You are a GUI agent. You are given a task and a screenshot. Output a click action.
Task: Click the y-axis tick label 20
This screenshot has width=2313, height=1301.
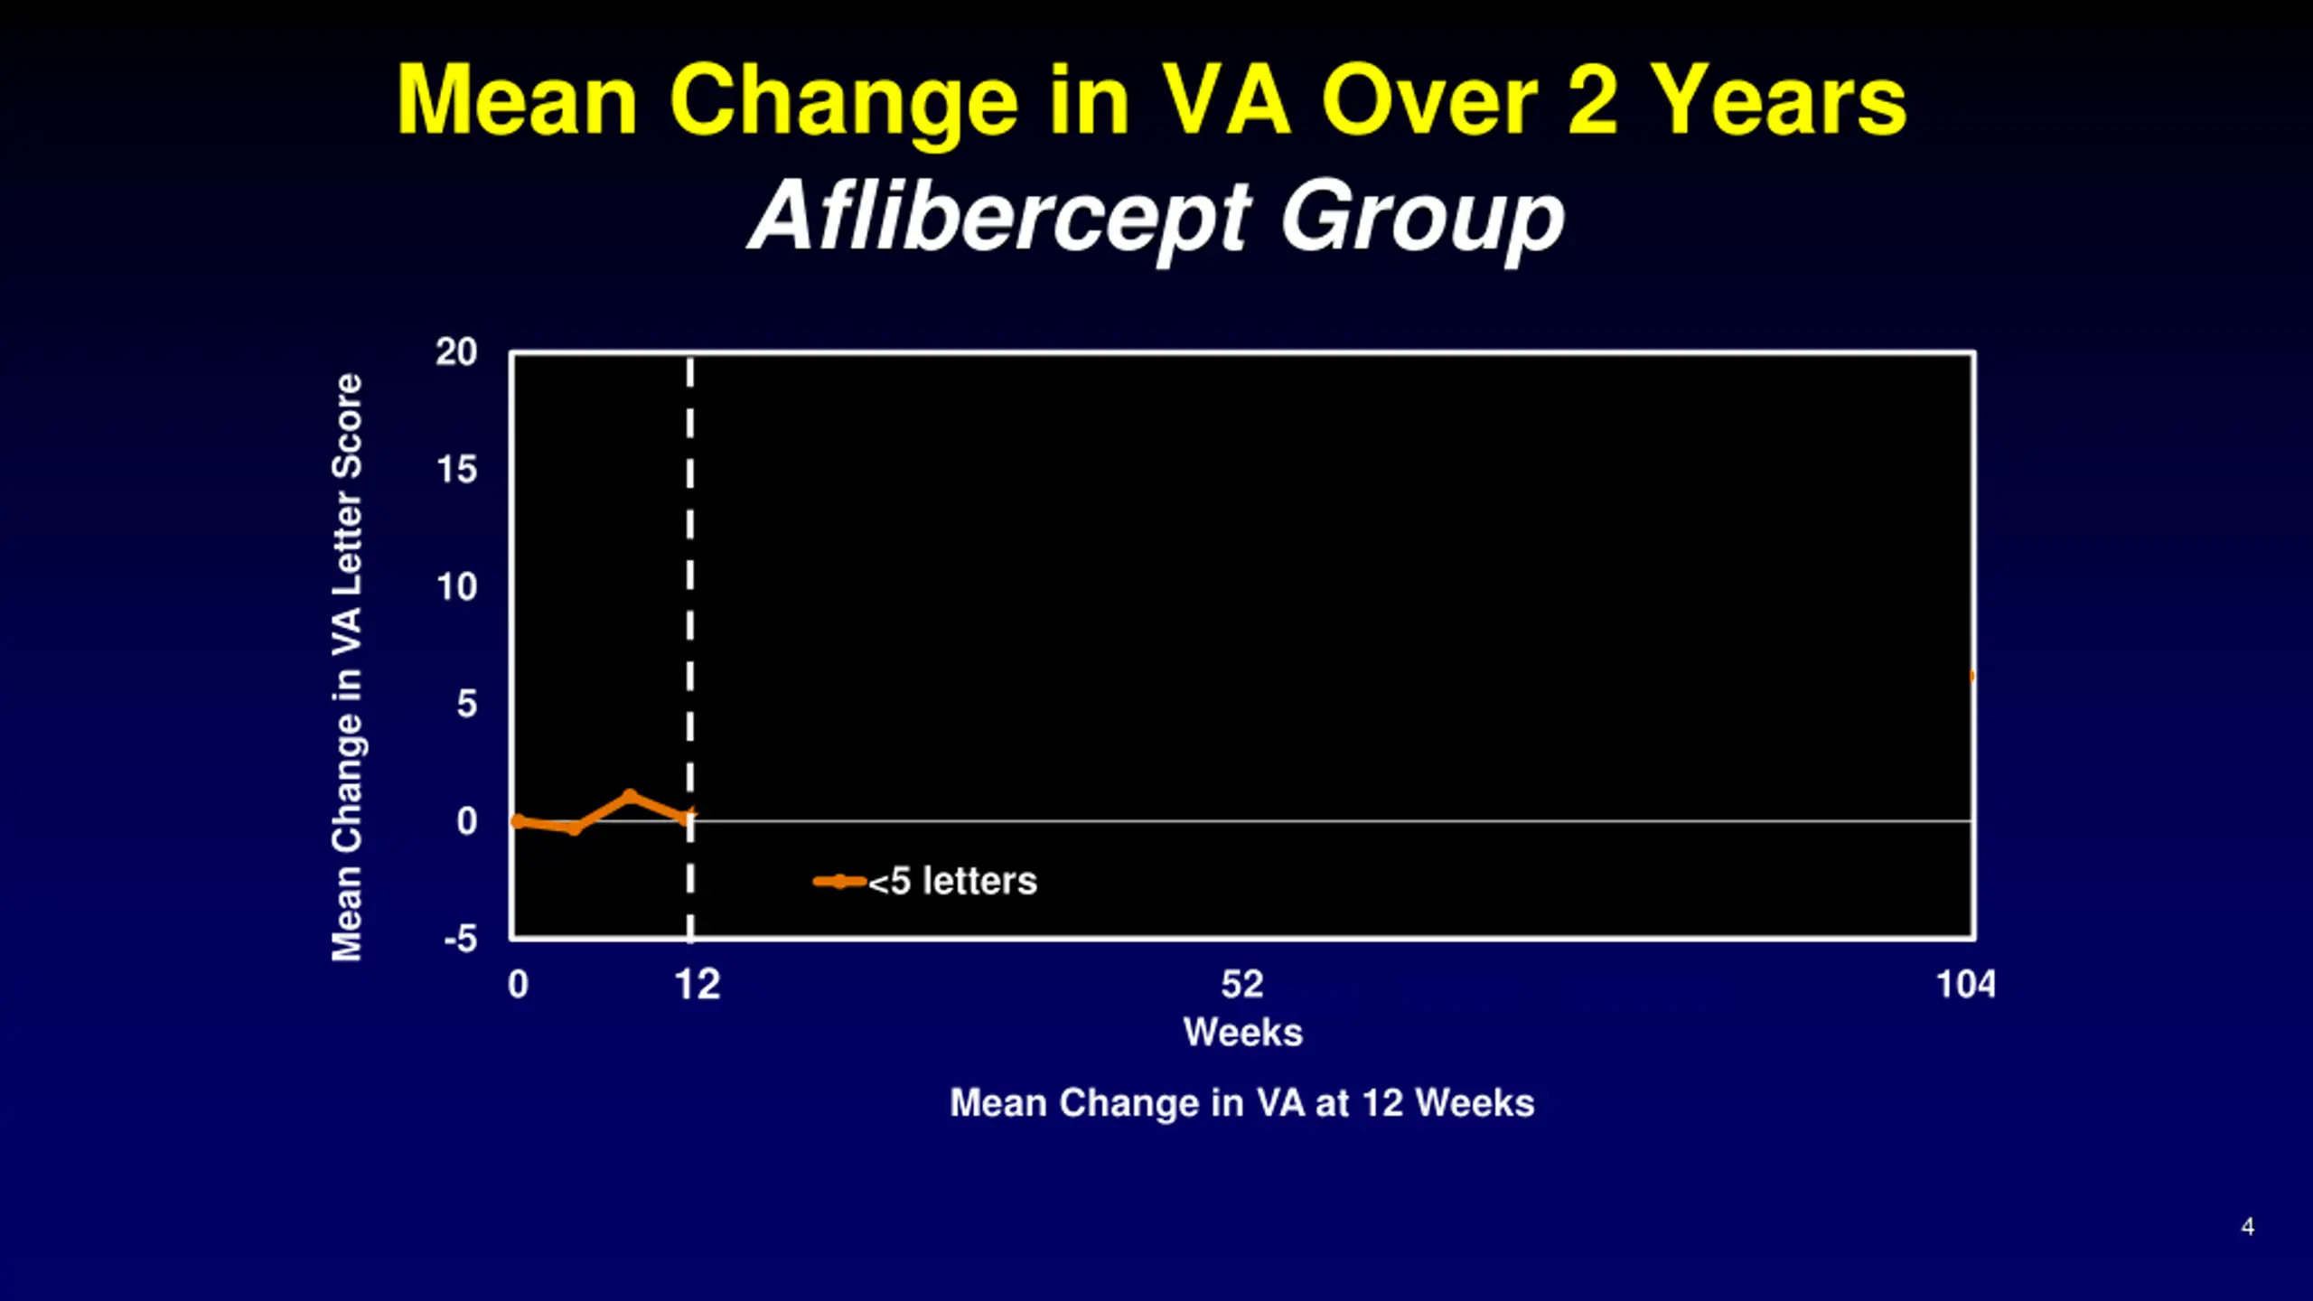tap(456, 352)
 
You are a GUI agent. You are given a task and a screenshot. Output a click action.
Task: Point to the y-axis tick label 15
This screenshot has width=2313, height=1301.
tap(456, 470)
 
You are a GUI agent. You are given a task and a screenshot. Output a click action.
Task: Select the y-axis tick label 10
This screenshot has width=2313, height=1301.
tap(456, 587)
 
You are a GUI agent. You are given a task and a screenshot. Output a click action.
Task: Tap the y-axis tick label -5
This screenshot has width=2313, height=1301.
tap(460, 940)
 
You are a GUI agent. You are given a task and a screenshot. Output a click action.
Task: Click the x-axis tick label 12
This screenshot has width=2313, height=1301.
tap(698, 985)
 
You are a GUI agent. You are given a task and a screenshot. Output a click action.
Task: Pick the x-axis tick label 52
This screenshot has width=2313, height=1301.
tap(1242, 985)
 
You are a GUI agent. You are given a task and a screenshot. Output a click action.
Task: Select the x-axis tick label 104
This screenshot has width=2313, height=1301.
tap(1965, 985)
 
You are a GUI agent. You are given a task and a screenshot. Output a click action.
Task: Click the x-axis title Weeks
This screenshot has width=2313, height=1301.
tap(1243, 1033)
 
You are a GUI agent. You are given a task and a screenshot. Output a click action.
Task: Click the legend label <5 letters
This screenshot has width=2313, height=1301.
tap(952, 882)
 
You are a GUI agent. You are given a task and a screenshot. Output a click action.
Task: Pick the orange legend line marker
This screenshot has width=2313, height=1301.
tap(839, 882)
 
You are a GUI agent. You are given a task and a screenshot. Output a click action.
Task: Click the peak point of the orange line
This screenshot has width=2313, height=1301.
tap(630, 796)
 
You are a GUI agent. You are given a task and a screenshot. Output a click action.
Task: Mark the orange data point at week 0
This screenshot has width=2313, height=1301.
tap(518, 821)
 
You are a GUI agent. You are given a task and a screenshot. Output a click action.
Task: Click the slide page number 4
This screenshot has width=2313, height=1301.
tap(2247, 1227)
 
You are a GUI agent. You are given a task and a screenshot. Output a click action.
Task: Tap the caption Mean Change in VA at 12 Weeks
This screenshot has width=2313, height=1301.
tap(1242, 1103)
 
